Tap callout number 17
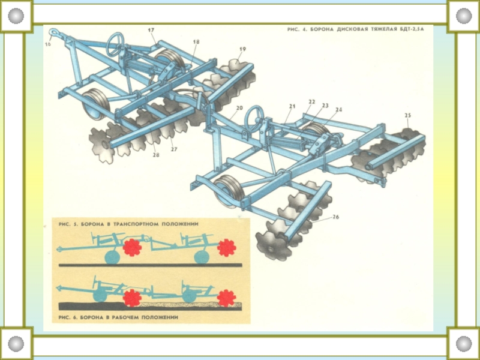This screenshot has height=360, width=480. point(151,30)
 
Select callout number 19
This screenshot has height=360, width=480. point(242,49)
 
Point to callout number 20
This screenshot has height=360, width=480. point(239,109)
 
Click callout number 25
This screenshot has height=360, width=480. point(408,115)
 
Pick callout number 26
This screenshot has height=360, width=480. point(335,217)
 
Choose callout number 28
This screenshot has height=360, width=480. point(156,155)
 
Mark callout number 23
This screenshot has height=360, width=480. point(325,106)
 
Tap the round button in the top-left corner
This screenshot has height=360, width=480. point(16,16)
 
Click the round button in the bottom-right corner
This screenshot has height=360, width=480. point(464,344)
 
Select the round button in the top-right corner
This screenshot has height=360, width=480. point(464,16)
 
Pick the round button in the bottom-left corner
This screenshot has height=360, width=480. point(16,344)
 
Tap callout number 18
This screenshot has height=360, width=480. point(196,42)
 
